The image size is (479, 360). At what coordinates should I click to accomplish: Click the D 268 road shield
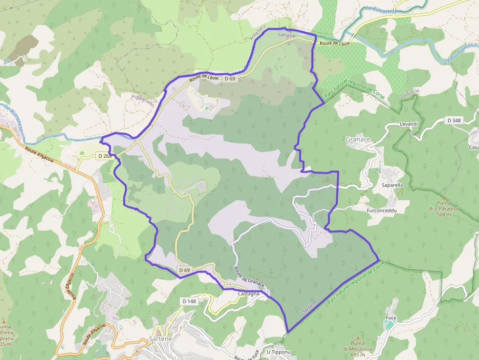pyautogui.click(x=105, y=156)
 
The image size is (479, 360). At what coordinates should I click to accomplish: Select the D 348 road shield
pyautogui.click(x=454, y=120)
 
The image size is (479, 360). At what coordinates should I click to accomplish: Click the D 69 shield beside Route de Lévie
pyautogui.click(x=230, y=79)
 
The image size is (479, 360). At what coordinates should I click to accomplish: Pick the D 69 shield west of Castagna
pyautogui.click(x=184, y=270)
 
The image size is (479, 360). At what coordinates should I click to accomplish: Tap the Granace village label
pyautogui.click(x=358, y=140)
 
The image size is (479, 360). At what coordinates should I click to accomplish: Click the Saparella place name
pyautogui.click(x=392, y=186)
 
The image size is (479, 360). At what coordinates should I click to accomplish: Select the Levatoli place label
pyautogui.click(x=409, y=124)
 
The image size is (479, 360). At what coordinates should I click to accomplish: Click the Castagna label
pyautogui.click(x=249, y=294)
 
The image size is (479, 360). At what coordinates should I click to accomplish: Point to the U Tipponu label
pyautogui.click(x=279, y=352)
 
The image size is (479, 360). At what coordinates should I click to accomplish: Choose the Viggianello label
pyautogui.click(x=143, y=101)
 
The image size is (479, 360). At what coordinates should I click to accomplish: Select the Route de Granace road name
pyautogui.click(x=249, y=276)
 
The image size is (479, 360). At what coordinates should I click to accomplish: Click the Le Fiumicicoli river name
pyautogui.click(x=461, y=53)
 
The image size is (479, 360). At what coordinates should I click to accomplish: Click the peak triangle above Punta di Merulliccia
pyautogui.click(x=360, y=337)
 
